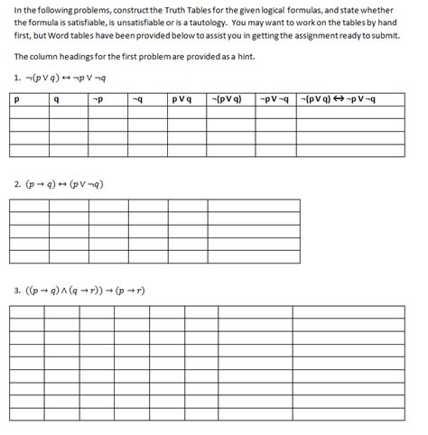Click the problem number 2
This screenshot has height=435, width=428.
(x=18, y=184)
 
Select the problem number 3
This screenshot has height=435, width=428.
(x=18, y=291)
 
